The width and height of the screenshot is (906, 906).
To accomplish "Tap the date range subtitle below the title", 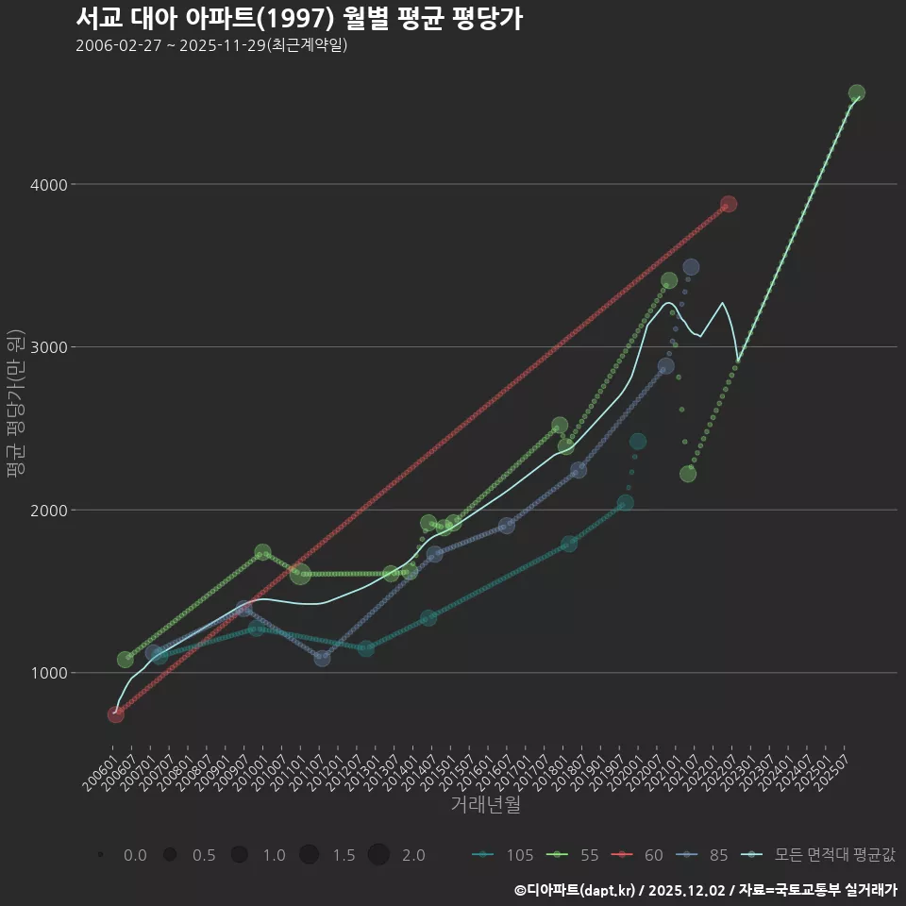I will (x=211, y=45).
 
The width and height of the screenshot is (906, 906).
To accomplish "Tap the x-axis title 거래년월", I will (x=485, y=805).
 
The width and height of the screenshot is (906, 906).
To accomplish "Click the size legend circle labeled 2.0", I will (x=378, y=855).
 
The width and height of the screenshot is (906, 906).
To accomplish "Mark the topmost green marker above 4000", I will (x=857, y=93).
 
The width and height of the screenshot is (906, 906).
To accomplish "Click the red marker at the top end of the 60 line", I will (x=729, y=205).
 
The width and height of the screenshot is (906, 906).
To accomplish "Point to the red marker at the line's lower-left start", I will (x=116, y=714).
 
